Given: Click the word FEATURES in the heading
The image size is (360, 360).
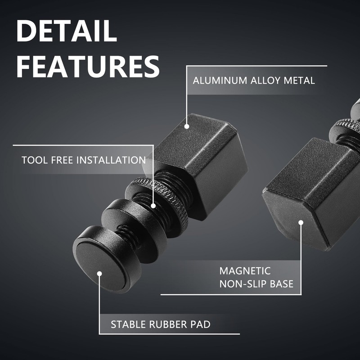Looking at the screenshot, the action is tap(88, 66).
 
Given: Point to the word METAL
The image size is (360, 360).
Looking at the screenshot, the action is tap(300, 81).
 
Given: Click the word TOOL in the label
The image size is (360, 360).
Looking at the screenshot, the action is tap(32, 160).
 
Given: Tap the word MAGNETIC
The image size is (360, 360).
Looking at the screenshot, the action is tap(245, 271).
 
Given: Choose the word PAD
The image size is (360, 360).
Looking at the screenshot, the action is tap(202, 324).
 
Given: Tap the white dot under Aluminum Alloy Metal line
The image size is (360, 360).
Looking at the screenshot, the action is tap(187, 127).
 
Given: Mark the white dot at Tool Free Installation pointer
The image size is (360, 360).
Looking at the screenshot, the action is tap(153, 206).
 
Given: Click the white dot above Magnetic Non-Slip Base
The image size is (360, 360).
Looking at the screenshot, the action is tap(301, 221).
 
